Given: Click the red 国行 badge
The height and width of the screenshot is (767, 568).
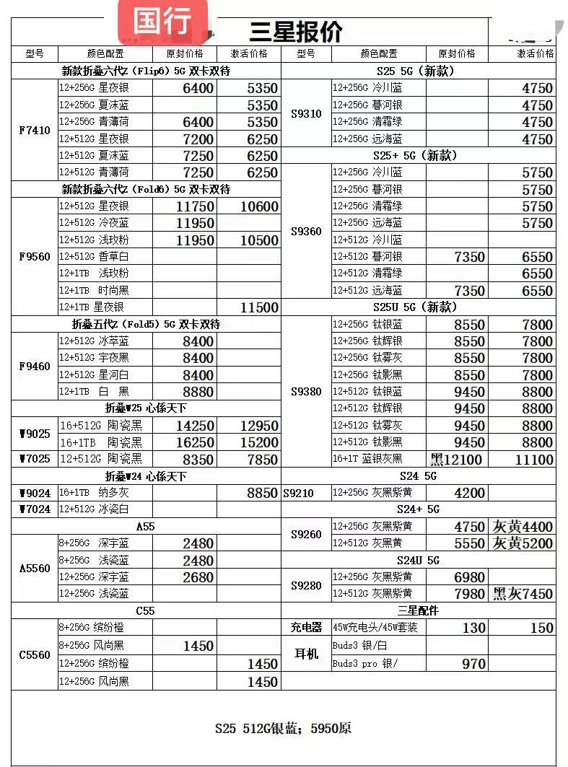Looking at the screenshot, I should pos(162,21).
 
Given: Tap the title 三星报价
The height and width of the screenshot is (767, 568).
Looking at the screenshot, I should pos(296,31).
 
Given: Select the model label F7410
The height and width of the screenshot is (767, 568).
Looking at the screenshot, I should pos(34,131).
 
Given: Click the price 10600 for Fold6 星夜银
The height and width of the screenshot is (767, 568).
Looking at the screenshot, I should pos(249,206).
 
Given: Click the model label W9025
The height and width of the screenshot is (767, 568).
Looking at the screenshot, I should pos(34,434).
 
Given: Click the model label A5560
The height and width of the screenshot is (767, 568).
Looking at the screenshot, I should pos(34,569).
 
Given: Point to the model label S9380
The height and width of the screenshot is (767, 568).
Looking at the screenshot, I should pos(306,392).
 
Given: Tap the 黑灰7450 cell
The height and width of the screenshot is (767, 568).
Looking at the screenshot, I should pos(523,594).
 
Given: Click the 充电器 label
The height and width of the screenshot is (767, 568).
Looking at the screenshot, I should pos(306,628).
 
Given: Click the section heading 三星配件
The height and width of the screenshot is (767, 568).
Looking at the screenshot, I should pos(418,610).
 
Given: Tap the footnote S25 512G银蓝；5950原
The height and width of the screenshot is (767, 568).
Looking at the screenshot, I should pos(283,728).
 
